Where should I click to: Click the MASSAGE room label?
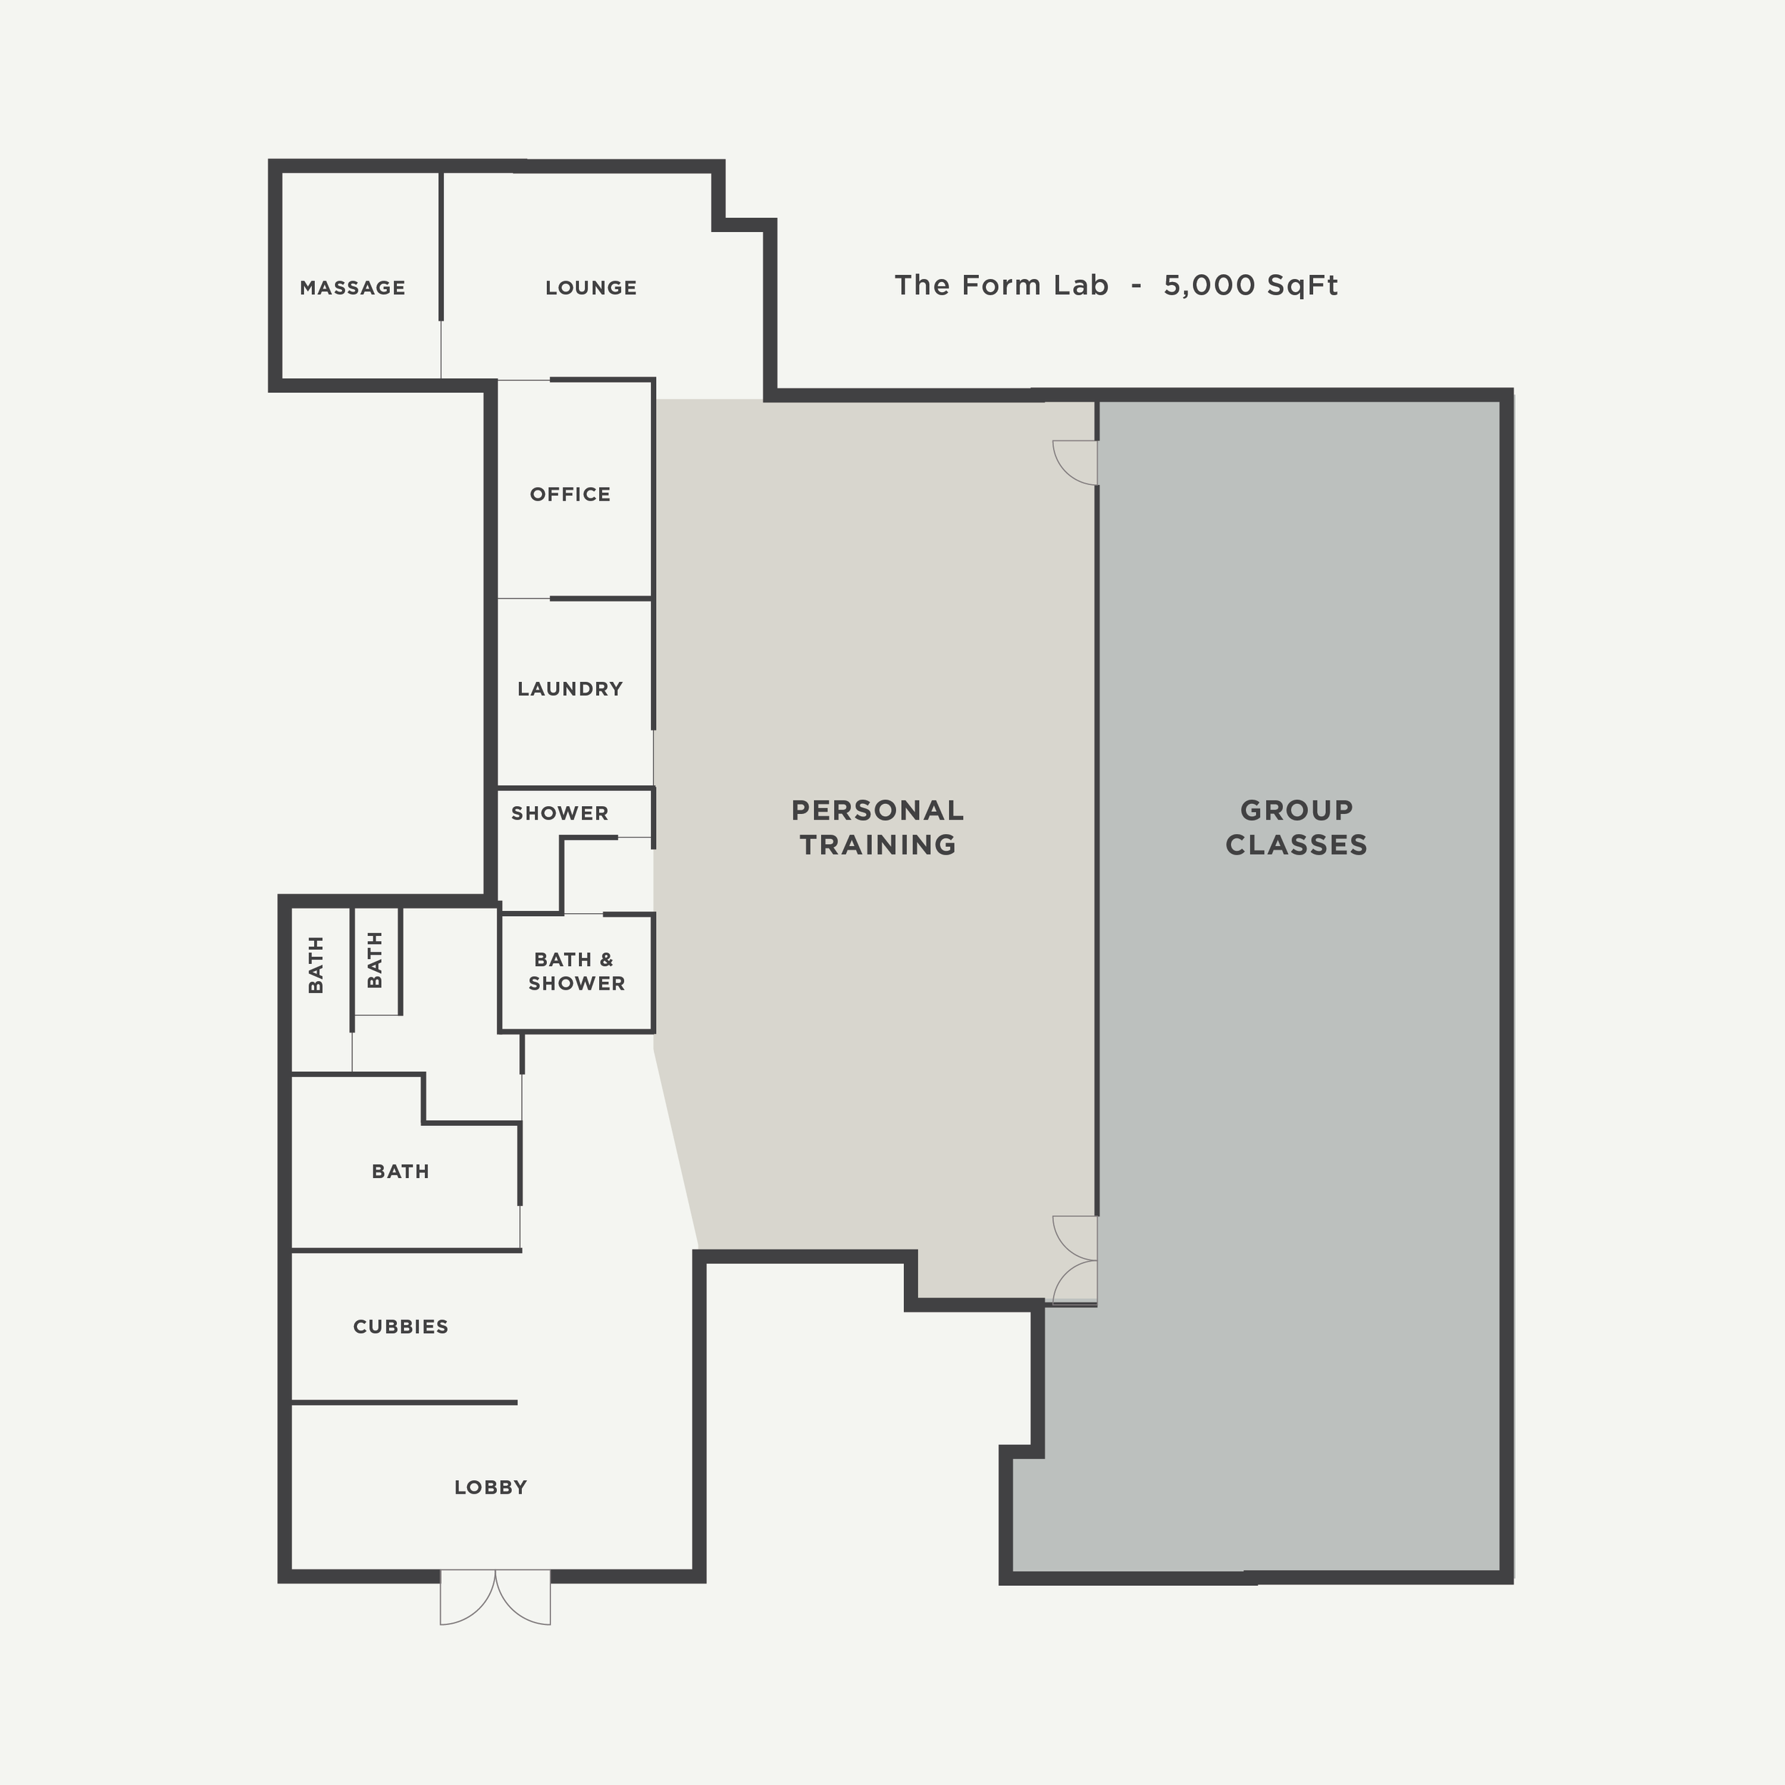coord(352,287)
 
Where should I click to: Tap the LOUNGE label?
coord(590,287)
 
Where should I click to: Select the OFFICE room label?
coord(570,494)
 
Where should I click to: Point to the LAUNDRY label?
coord(570,688)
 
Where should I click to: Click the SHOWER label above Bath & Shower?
coord(559,813)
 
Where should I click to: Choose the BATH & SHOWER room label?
coord(575,971)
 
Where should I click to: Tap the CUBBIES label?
coord(400,1327)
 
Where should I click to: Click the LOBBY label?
coord(490,1487)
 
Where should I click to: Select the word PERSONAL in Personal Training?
coord(877,810)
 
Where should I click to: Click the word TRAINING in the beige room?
coord(877,845)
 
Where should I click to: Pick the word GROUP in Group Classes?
coord(1296,810)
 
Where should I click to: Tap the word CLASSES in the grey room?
coord(1296,845)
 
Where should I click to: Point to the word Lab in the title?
coord(1080,285)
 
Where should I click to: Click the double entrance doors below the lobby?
coord(496,1596)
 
